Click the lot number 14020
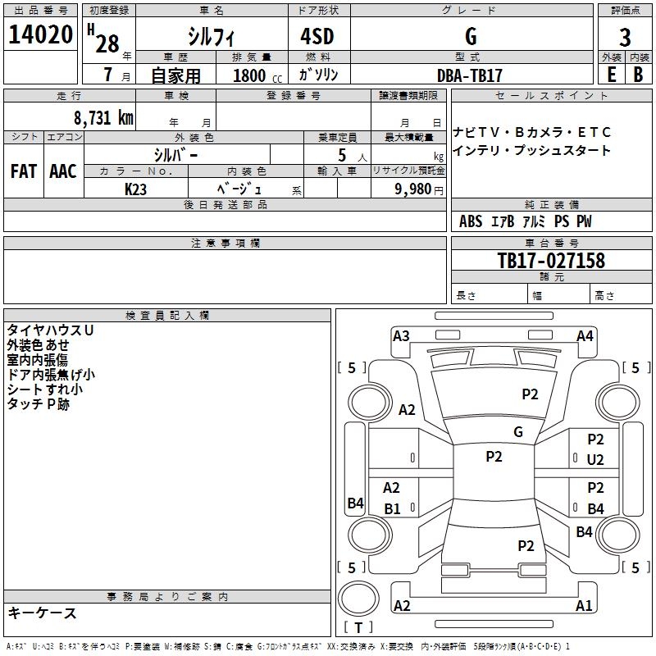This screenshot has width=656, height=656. [x=40, y=35]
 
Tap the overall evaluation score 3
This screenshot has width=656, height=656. [x=625, y=37]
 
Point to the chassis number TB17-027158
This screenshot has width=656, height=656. [x=551, y=261]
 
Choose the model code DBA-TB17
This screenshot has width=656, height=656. [x=470, y=75]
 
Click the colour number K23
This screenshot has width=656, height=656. [x=136, y=189]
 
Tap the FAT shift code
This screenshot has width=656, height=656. [x=23, y=171]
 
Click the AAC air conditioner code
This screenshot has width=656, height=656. [x=63, y=171]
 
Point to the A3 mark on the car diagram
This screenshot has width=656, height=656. [x=401, y=335]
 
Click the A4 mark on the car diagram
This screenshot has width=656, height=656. [x=585, y=335]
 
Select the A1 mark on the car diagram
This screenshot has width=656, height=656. [x=584, y=606]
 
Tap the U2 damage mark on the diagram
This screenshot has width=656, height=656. [x=595, y=460]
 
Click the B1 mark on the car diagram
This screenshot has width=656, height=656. [x=392, y=509]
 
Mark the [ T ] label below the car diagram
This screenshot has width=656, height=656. [x=358, y=627]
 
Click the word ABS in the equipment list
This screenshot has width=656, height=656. [x=471, y=221]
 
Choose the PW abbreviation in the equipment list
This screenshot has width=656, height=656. [x=583, y=221]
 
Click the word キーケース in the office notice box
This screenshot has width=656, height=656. [x=42, y=613]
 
